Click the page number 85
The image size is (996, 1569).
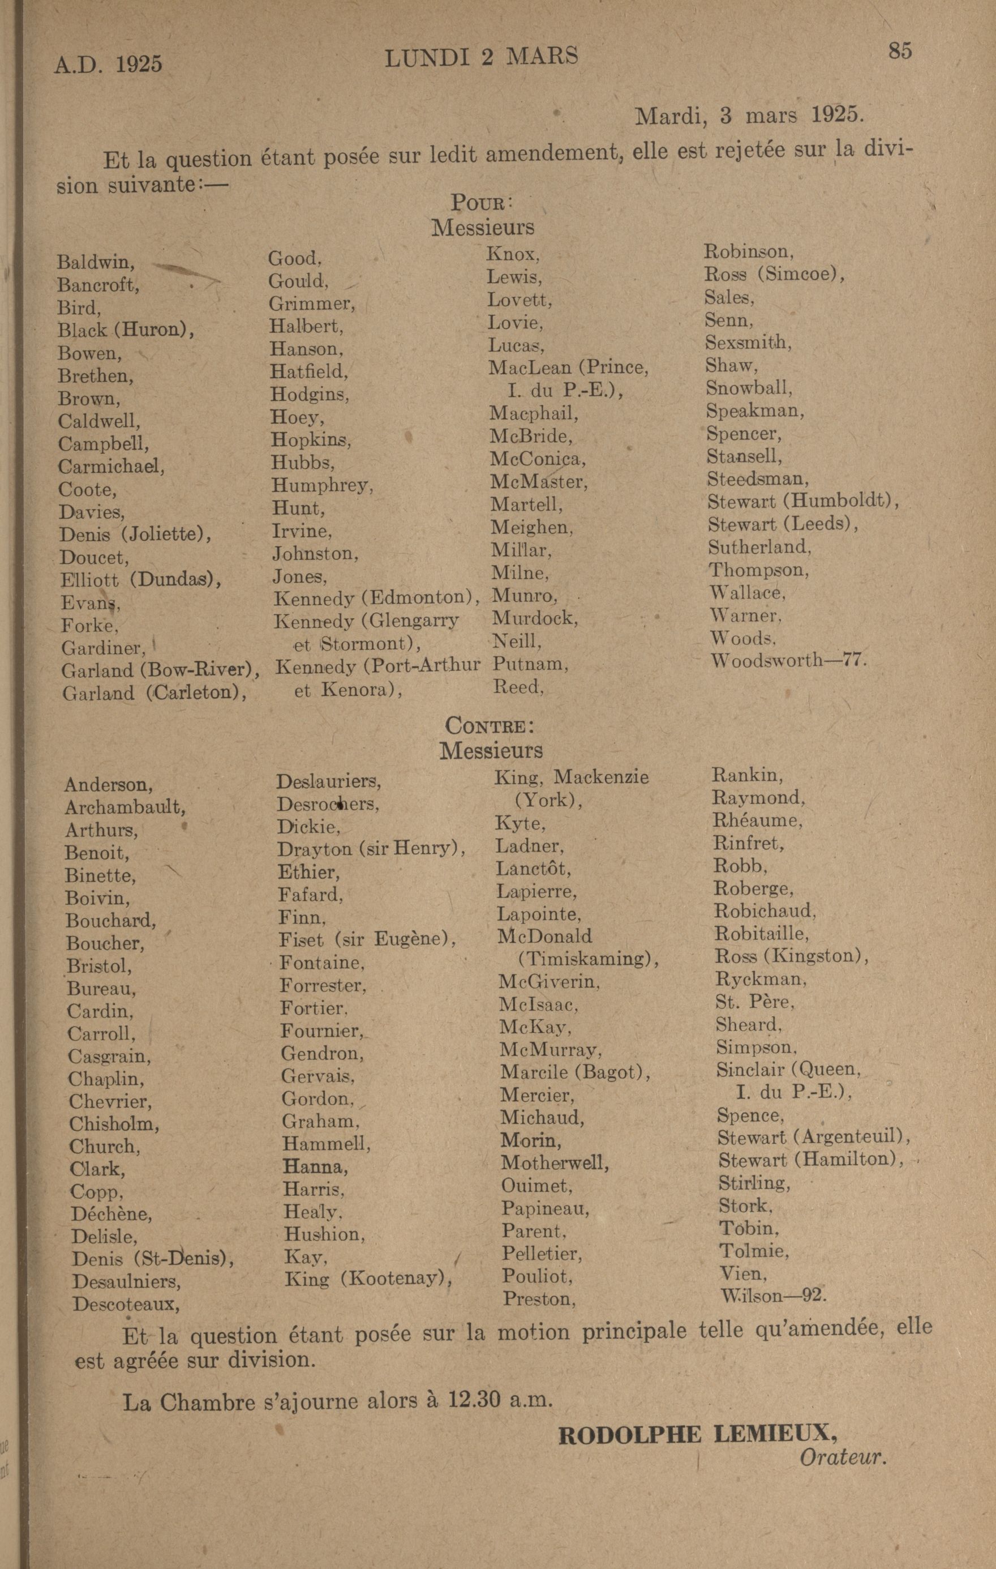tap(900, 51)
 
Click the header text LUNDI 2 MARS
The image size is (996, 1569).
tap(482, 58)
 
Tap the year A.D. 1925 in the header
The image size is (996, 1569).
tap(108, 64)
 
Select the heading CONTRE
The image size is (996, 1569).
tap(490, 725)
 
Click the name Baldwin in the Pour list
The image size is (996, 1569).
tap(96, 262)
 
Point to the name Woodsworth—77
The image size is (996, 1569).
tap(788, 661)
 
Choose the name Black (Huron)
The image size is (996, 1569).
tap(126, 330)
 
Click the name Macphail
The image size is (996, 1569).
tap(534, 413)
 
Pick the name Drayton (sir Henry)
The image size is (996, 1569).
tap(371, 849)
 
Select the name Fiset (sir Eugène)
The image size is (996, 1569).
tap(367, 939)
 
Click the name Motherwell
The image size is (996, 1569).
tap(555, 1163)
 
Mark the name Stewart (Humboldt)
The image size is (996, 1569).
tap(802, 502)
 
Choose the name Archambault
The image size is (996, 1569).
tap(125, 807)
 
